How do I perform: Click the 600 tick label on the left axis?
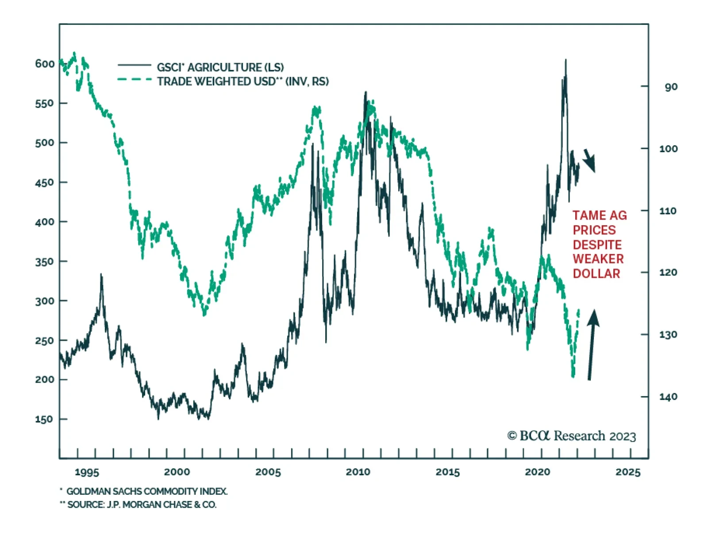pos(45,64)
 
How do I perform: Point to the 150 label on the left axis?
pos(44,419)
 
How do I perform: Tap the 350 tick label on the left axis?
pos(45,261)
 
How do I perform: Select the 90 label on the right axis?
pos(671,87)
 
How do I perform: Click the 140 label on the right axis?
pos(668,397)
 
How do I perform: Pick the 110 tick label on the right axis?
pos(668,211)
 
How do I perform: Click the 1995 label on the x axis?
pos(87,472)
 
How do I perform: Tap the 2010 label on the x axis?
pos(358,472)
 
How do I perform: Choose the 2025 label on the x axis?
pos(628,472)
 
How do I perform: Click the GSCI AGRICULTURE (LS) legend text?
pos(220,67)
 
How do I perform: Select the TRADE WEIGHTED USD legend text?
pos(242,81)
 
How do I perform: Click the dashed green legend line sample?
pos(135,80)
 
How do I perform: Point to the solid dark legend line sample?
pos(135,65)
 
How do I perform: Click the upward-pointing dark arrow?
pos(592,344)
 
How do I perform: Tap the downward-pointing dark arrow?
pos(589,160)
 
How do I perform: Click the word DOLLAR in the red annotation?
pos(596,273)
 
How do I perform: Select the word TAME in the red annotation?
pos(589,216)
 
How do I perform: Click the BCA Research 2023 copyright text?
pos(571,436)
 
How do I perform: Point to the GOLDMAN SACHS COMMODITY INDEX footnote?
pos(146,491)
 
